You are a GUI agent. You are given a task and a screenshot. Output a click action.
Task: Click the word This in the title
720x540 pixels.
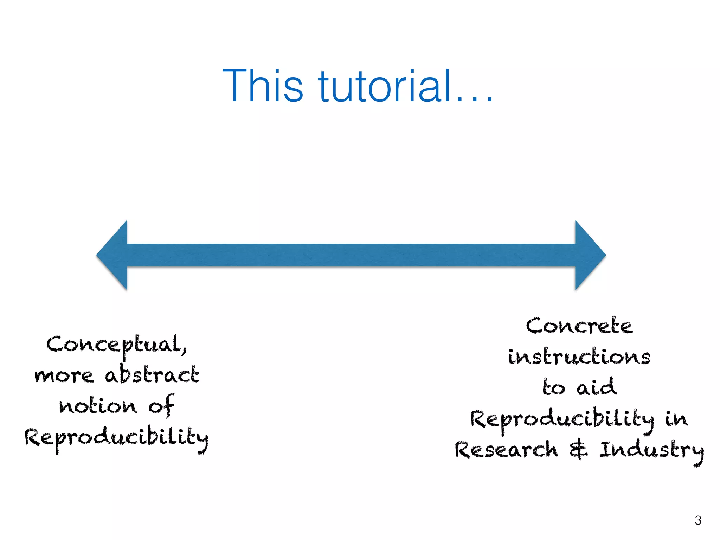[262, 86]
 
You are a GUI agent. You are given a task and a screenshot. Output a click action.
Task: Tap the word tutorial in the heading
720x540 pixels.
[385, 86]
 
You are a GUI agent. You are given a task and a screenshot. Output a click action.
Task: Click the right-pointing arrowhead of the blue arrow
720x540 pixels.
[589, 255]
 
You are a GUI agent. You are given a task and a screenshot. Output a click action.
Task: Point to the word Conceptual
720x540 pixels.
[116, 345]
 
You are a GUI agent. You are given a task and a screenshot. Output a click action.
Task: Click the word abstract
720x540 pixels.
[152, 375]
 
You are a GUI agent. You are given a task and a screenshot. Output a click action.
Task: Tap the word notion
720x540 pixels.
[98, 406]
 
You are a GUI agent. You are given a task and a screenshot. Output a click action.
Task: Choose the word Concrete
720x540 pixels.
[579, 326]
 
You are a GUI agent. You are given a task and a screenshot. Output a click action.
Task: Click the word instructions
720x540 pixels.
[579, 356]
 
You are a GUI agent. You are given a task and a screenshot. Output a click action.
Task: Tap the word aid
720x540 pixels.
[596, 387]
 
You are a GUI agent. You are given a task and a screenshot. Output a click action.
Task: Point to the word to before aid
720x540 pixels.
[554, 388]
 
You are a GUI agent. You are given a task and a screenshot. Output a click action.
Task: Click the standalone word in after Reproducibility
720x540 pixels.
[676, 419]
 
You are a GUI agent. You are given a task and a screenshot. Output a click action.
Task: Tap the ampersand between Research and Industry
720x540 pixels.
[578, 450]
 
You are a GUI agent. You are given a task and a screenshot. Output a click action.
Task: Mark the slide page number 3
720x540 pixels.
[698, 520]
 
